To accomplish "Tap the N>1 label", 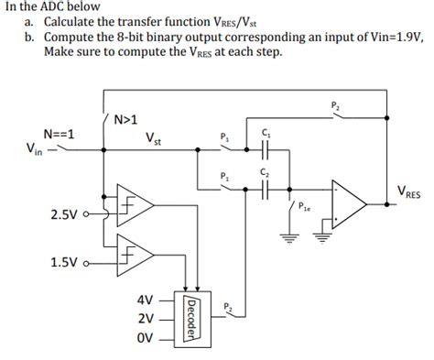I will coord(125,118).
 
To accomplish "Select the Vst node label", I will coord(153,139).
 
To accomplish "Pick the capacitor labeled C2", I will coord(266,189).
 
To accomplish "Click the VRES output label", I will coord(409,191).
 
